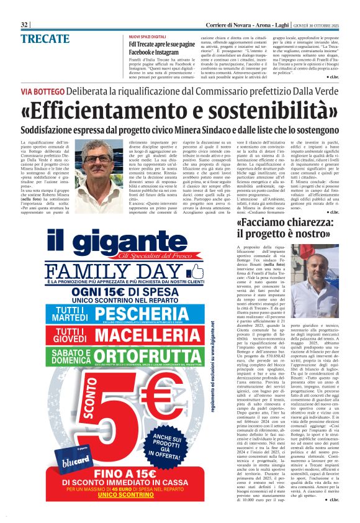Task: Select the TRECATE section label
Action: (x=45, y=39)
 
